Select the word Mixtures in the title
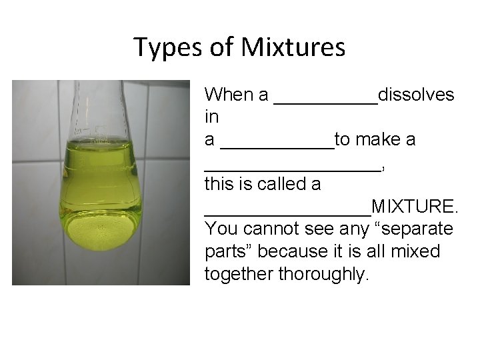pos(293,47)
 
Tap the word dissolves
pos(416,95)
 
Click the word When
pos(228,95)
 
